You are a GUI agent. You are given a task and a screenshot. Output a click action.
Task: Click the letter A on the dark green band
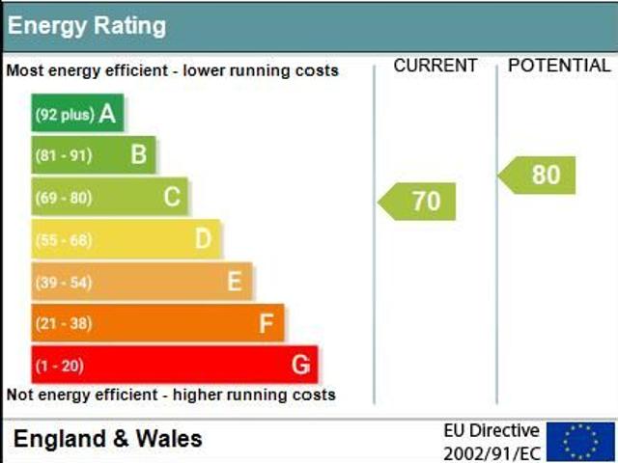pos(107,114)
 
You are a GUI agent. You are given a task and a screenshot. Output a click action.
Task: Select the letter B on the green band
pos(139,154)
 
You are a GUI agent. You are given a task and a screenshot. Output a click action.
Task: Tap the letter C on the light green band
pos(172,197)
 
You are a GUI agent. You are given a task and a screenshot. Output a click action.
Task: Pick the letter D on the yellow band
pos(204,238)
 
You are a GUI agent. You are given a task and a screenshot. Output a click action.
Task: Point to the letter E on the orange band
pos(234,281)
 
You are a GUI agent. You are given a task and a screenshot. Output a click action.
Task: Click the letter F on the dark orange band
pos(267,323)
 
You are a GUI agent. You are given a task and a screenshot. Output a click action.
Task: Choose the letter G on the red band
pos(300,365)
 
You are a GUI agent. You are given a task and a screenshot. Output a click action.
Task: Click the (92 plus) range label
pos(65,115)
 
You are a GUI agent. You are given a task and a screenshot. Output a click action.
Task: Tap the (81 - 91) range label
pos(64,155)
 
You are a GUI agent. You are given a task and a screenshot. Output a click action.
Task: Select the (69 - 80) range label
pos(64,198)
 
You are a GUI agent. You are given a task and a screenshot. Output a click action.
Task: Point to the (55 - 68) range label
pos(64,239)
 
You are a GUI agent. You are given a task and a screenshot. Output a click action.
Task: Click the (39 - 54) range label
pos(64,282)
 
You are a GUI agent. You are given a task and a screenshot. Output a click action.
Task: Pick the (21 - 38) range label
pos(64,324)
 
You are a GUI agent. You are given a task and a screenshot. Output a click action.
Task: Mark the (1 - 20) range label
pos(59,366)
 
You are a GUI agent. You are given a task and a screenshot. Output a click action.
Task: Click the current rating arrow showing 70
pos(417,201)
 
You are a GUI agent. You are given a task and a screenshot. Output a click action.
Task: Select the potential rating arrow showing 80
pos(538,175)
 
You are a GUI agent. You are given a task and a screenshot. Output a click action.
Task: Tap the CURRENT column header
pos(435,66)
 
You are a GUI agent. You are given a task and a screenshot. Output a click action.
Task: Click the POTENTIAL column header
pos(559,66)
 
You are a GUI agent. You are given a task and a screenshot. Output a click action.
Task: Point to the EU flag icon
pos(580,441)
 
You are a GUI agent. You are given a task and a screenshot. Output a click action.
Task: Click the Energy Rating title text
pos(87,26)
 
